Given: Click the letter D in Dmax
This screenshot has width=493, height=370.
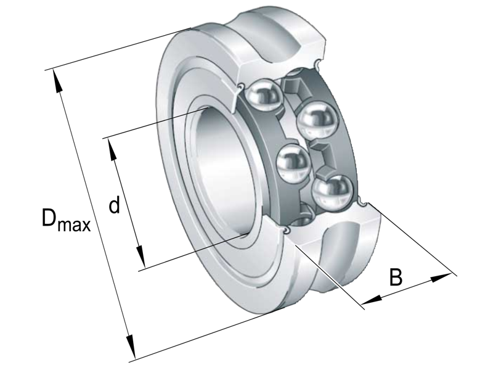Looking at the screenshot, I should coord(51,217).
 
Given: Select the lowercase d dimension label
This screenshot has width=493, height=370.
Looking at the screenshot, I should coord(114,205).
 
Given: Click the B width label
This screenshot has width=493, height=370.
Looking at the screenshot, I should coord(396,277).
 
